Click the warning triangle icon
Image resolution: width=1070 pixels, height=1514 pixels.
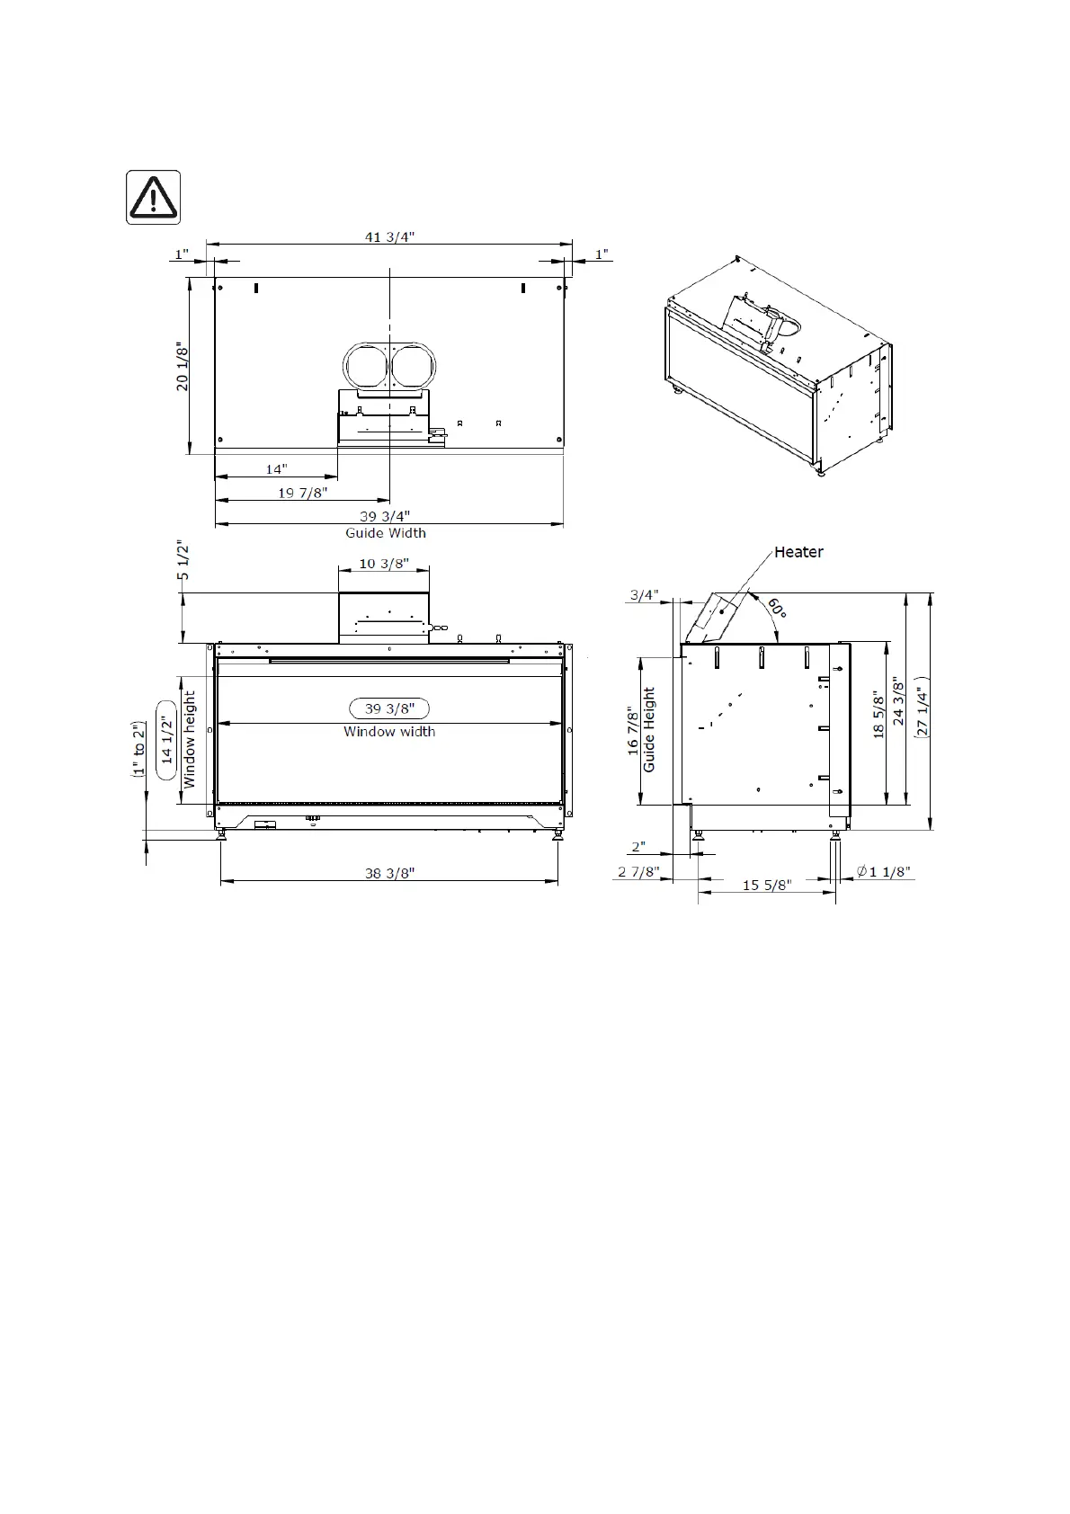pyautogui.click(x=154, y=198)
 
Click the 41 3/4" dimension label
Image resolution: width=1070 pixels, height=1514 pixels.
pyautogui.click(x=389, y=236)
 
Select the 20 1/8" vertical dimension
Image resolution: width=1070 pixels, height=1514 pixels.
pyautogui.click(x=182, y=366)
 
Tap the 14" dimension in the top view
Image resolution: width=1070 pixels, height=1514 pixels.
pyautogui.click(x=276, y=469)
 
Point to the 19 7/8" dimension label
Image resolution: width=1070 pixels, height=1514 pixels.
pyautogui.click(x=303, y=493)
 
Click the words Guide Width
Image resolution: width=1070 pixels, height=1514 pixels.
pyautogui.click(x=385, y=532)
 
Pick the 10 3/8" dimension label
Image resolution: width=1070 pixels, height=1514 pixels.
pyautogui.click(x=384, y=563)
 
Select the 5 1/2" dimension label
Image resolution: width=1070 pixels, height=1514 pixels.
pyautogui.click(x=183, y=559)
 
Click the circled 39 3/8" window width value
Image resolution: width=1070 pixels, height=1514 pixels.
pyautogui.click(x=389, y=708)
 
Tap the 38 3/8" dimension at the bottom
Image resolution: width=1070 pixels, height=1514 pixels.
pyautogui.click(x=389, y=873)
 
